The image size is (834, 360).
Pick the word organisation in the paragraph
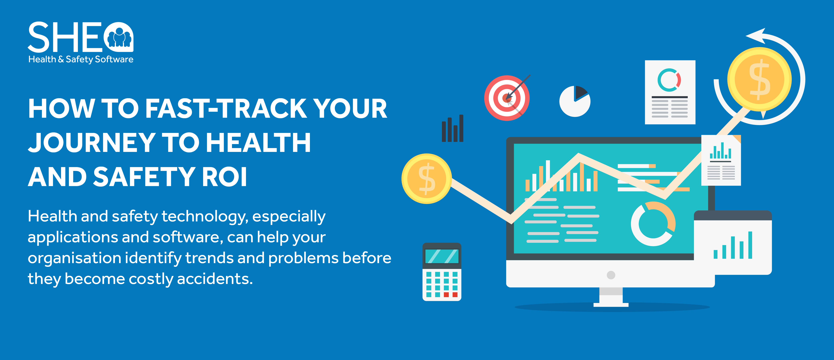click(75, 258)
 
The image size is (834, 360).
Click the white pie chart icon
click(575, 101)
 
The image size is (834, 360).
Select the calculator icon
click(442, 272)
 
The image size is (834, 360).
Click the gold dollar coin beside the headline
click(427, 179)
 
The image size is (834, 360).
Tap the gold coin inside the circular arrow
click(759, 79)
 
